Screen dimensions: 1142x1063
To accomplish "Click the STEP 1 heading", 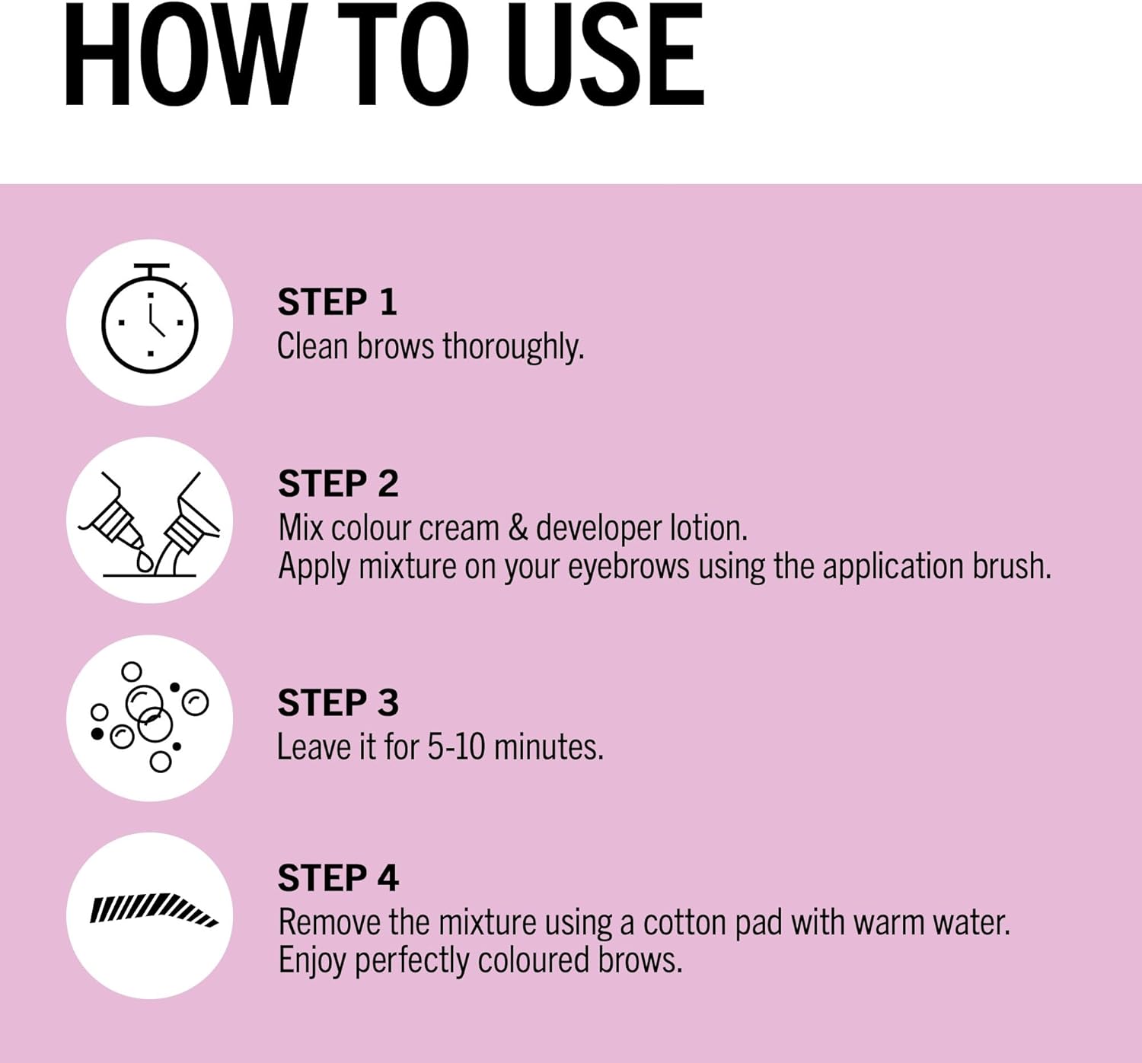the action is [337, 302].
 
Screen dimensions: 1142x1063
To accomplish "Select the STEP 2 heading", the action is [338, 483].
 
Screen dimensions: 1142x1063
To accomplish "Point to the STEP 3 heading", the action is [337, 702].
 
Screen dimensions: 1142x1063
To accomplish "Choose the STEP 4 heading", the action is [338, 878].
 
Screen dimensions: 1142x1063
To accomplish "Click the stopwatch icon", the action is [150, 318].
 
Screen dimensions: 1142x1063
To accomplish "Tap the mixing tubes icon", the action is [149, 524].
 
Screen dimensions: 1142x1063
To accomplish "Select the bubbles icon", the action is [149, 717].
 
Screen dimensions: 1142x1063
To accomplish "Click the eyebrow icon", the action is [154, 910].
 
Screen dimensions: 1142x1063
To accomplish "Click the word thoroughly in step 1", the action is [513, 348].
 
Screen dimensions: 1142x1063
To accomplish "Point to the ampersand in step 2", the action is [518, 528].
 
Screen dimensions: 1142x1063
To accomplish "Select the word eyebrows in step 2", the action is [629, 568].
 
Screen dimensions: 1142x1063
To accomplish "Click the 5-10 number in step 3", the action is [456, 747].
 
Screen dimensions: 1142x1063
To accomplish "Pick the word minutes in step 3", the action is [549, 747].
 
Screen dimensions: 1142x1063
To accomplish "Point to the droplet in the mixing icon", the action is [145, 561].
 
